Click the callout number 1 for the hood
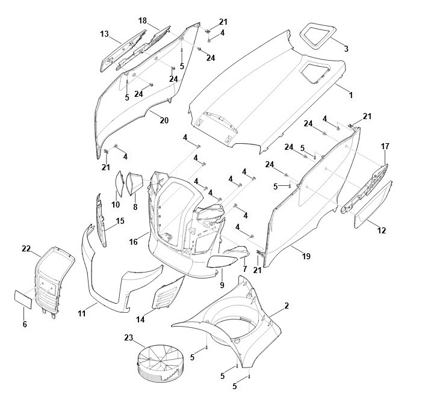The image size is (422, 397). pyautogui.click(x=351, y=95)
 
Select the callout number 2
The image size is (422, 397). pyautogui.click(x=287, y=306)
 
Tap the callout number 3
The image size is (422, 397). pyautogui.click(x=346, y=49)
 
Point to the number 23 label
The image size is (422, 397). pyautogui.click(x=129, y=337)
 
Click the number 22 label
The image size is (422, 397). pyautogui.click(x=26, y=249)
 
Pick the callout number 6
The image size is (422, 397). pyautogui.click(x=25, y=324)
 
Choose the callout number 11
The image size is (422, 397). pyautogui.click(x=82, y=313)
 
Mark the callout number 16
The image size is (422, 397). pyautogui.click(x=134, y=242)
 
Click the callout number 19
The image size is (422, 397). pyautogui.click(x=306, y=256)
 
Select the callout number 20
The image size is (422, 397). pyautogui.click(x=164, y=120)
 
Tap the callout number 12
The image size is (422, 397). pyautogui.click(x=382, y=230)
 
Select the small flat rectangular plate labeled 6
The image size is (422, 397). pyautogui.click(x=23, y=300)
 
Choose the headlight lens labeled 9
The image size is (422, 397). pyautogui.click(x=222, y=262)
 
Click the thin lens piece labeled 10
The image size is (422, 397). pyautogui.click(x=119, y=183)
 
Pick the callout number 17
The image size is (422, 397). pyautogui.click(x=385, y=146)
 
